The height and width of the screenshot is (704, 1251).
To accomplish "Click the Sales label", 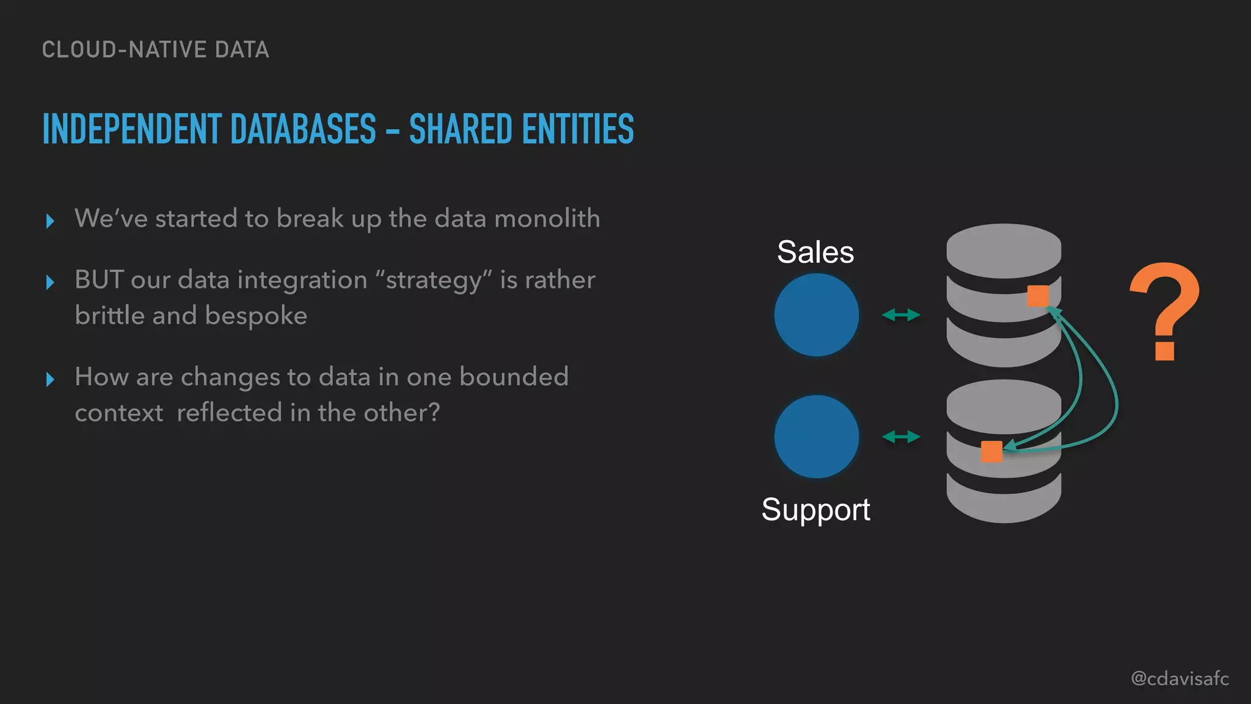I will point(815,252).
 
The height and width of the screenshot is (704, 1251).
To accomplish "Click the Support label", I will point(815,509).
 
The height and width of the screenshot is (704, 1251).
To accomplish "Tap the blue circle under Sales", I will point(816,315).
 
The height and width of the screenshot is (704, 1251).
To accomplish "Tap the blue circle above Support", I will point(816,436).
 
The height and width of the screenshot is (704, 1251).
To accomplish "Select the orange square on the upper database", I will point(1037,296).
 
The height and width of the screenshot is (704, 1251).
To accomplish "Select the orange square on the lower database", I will point(991,452).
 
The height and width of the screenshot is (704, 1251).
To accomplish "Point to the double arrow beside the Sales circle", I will point(901,315).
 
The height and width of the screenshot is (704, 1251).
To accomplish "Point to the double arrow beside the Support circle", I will point(901,436).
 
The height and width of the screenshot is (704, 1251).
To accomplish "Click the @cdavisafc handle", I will point(1180,678).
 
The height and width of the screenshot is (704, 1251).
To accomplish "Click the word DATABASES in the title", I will point(303,130).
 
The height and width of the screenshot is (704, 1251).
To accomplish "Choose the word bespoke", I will point(256,316).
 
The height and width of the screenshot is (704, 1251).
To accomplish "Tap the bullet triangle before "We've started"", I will point(50,221).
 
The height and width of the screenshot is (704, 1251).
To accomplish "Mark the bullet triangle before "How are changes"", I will point(50,380).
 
